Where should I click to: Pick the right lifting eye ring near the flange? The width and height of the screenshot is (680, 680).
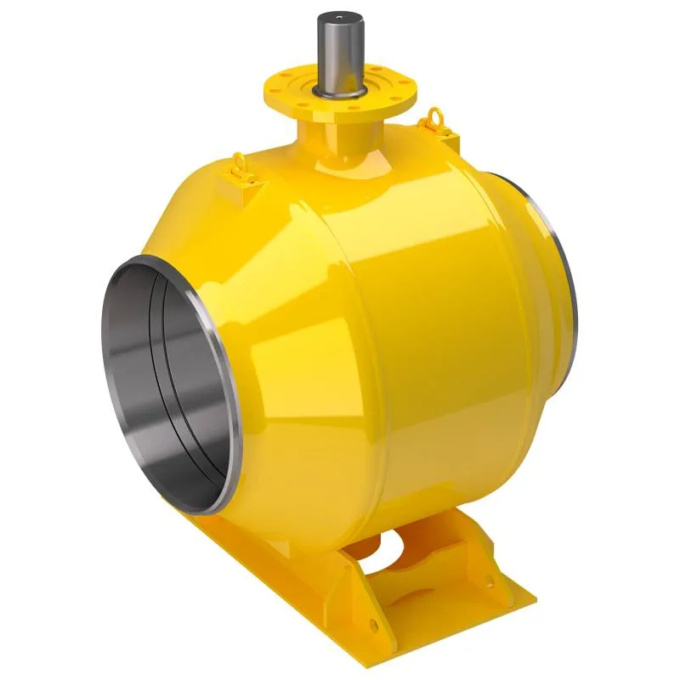coord(436,116)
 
